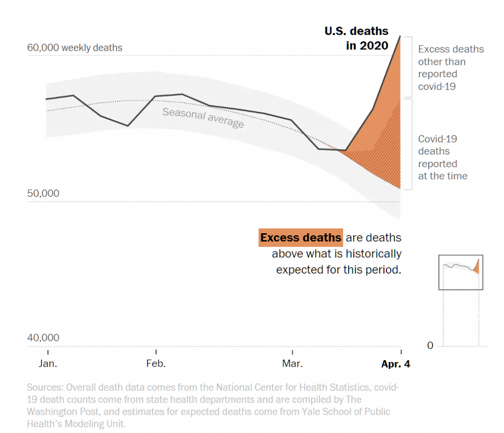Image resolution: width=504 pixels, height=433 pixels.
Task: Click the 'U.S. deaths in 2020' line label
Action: point(356,38)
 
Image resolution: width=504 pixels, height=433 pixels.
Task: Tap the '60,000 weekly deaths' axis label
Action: point(75,48)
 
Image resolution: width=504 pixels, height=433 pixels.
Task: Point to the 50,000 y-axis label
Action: point(43,193)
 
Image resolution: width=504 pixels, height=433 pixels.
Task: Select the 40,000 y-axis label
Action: point(43,338)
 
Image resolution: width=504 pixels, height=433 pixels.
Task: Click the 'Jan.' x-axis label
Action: point(48,364)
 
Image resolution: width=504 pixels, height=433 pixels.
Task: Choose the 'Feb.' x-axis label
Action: point(156,364)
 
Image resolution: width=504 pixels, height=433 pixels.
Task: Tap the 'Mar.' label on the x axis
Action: point(292,364)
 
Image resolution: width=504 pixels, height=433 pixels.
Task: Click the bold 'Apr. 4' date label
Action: point(395,364)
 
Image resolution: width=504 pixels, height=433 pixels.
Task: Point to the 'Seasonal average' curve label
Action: point(203,118)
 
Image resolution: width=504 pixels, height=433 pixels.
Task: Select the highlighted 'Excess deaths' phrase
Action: point(300,238)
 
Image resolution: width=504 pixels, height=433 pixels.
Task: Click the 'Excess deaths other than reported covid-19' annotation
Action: point(451,68)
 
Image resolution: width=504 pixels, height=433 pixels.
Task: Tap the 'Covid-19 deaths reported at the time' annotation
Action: point(442,157)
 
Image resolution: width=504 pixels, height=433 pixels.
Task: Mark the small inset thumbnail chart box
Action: point(461,272)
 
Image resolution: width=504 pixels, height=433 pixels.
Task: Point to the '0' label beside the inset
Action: point(430,346)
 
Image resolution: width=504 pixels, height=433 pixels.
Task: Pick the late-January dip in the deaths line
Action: point(128,126)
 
